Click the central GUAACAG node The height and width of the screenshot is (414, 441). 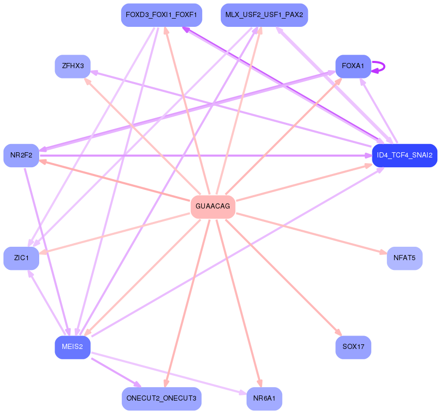213,206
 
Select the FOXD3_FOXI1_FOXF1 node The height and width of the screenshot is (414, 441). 161,15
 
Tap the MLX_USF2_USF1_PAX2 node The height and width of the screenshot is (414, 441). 264,15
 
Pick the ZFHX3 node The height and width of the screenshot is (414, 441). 73,66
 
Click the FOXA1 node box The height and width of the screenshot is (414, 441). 353,66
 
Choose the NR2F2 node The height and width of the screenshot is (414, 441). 21,155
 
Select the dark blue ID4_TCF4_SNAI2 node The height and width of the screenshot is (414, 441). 404,155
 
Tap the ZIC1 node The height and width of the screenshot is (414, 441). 21,258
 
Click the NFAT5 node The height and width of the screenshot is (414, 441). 404,258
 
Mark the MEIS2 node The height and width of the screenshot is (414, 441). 73,347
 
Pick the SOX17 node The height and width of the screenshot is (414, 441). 353,347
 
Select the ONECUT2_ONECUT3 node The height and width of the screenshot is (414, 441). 161,399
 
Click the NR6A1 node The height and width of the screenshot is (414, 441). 264,399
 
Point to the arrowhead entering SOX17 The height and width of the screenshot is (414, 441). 339,332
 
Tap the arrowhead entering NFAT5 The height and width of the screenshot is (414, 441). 383,252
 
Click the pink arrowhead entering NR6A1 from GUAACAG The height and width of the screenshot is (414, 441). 260,383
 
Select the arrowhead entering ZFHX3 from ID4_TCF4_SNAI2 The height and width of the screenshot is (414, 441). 94,72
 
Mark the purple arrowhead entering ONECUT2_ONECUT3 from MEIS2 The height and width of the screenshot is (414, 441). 137,384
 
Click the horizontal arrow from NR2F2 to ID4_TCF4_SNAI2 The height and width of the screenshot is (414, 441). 206,155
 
